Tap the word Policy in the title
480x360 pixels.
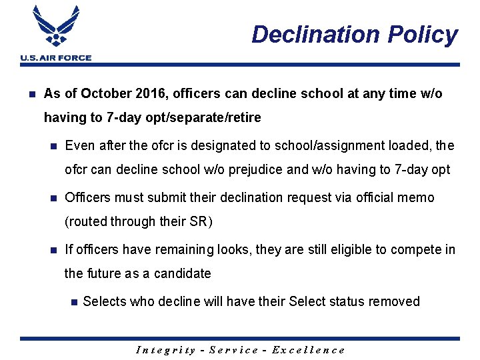(x=423, y=35)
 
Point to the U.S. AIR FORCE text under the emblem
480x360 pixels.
(x=56, y=58)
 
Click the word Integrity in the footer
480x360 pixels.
(x=165, y=349)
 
